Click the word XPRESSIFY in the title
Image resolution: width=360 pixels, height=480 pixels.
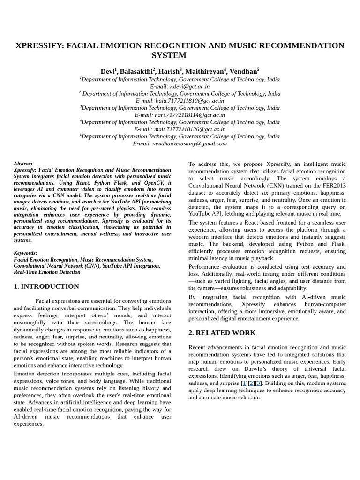[x=39, y=45]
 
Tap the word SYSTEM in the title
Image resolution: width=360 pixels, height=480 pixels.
[x=169, y=55]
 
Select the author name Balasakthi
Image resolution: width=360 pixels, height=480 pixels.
[x=136, y=71]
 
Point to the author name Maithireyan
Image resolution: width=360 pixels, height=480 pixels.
[x=204, y=71]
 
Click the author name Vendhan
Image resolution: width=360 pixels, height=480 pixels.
[x=242, y=71]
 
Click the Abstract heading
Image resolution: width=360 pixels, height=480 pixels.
[x=23, y=164]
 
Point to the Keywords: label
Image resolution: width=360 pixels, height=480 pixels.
[x=25, y=253]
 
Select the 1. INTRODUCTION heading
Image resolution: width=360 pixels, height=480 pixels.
[x=46, y=286]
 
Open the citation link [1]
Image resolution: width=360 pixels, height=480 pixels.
[x=244, y=383]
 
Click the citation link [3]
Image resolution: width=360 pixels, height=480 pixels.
[x=258, y=383]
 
